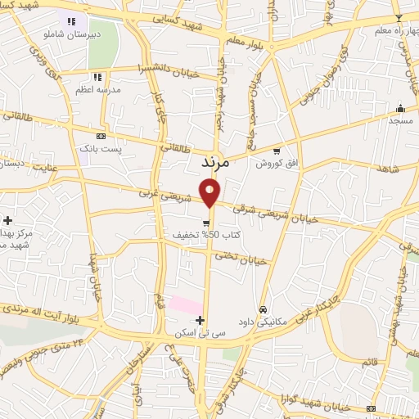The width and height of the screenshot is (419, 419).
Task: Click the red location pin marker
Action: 211,193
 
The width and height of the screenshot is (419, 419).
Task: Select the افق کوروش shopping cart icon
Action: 277,151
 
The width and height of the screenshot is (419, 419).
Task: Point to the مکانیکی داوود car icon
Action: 262,309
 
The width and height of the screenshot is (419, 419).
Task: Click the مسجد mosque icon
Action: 399,108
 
